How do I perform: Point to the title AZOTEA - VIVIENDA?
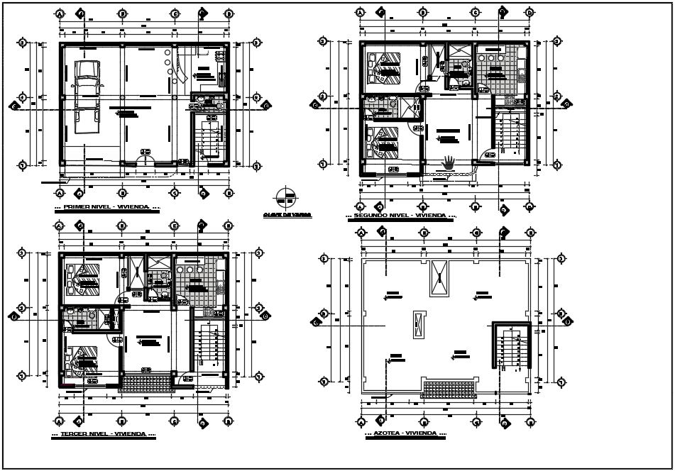click(x=405, y=433)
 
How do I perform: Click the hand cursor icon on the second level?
click(x=449, y=162)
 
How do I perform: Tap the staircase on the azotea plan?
click(x=511, y=350)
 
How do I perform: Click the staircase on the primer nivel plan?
click(x=210, y=140)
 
